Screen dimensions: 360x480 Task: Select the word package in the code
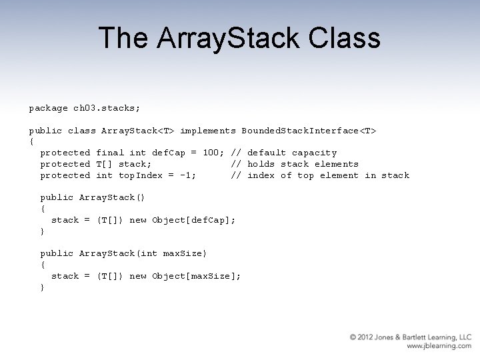[48, 108]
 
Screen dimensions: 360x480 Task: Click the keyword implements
[208, 131]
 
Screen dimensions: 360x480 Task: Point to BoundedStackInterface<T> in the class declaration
[309, 131]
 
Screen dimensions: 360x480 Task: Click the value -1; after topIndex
[188, 175]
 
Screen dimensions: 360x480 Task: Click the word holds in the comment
[261, 164]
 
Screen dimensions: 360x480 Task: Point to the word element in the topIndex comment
[339, 175]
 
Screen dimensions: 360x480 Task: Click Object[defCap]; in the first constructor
[194, 220]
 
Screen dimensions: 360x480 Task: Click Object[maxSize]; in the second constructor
[197, 276]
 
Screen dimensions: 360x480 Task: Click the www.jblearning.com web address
[439, 347]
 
